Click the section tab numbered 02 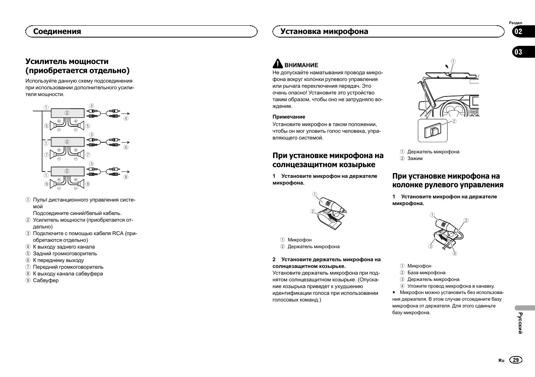pyautogui.click(x=518, y=32)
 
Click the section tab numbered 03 pyautogui.click(x=518, y=52)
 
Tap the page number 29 pyautogui.click(x=516, y=360)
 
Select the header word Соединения pyautogui.click(x=57, y=32)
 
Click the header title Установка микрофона pyautogui.click(x=324, y=32)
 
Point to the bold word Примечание pyautogui.click(x=288, y=117)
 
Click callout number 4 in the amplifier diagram pyautogui.click(x=126, y=118)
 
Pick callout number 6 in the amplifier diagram pyautogui.click(x=126, y=147)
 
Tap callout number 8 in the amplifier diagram pyautogui.click(x=126, y=177)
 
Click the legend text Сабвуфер pyautogui.click(x=46, y=281)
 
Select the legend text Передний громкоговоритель pyautogui.click(x=68, y=267)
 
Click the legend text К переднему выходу pyautogui.click(x=58, y=260)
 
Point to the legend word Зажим pyautogui.click(x=415, y=158)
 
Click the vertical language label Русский pyautogui.click(x=520, y=323)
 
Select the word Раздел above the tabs pyautogui.click(x=515, y=23)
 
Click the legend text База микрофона pyautogui.click(x=426, y=273)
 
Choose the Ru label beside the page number pyautogui.click(x=501, y=360)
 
